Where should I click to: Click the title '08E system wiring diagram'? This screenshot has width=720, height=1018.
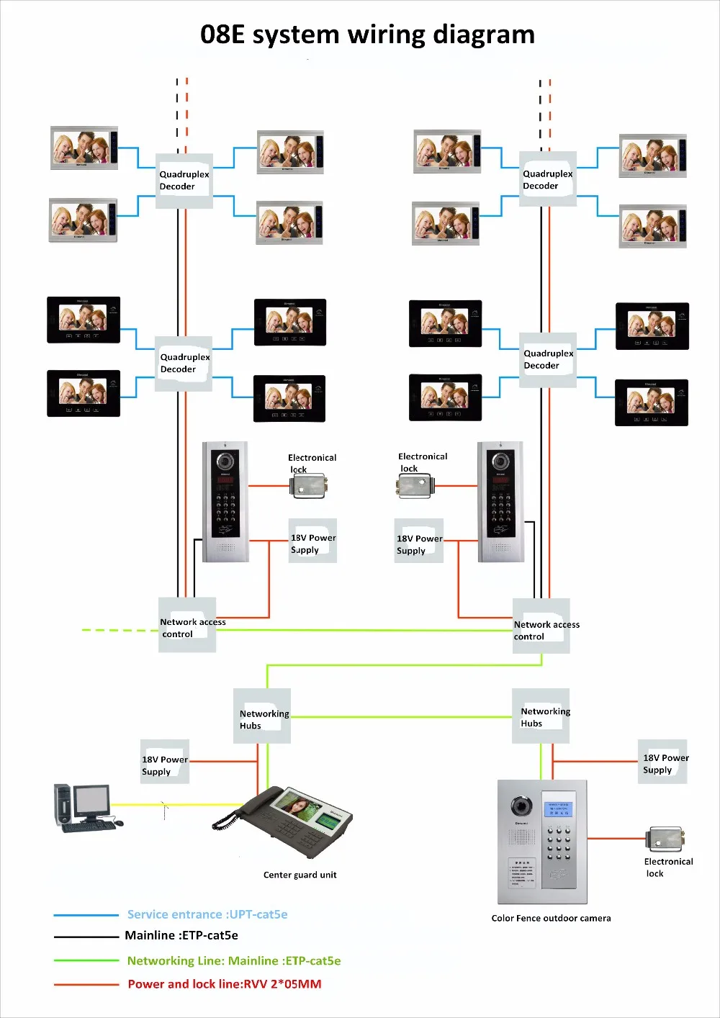[x=367, y=35]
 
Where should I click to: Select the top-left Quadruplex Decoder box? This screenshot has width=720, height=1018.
[x=184, y=181]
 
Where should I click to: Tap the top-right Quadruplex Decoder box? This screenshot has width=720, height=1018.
[x=548, y=179]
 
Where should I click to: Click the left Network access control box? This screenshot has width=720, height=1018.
[x=187, y=625]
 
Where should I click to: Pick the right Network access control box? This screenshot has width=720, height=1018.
[x=541, y=626]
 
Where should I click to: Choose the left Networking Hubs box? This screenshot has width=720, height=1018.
[x=262, y=716]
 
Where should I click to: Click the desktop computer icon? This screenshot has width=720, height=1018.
[x=85, y=808]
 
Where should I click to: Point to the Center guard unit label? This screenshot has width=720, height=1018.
[x=300, y=875]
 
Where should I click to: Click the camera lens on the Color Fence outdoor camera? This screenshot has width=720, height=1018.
[x=521, y=806]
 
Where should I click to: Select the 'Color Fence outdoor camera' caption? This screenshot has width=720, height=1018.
[x=551, y=919]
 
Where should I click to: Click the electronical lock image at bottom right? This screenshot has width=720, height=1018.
[x=667, y=839]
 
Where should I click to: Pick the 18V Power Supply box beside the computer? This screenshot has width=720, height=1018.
[x=165, y=762]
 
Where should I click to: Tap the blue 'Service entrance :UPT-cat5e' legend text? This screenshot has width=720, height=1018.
[x=207, y=915]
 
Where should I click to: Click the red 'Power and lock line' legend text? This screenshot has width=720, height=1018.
[x=225, y=984]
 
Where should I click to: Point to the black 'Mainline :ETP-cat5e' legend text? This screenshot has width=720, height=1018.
[x=181, y=936]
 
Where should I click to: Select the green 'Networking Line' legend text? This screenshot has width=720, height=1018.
[x=234, y=961]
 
